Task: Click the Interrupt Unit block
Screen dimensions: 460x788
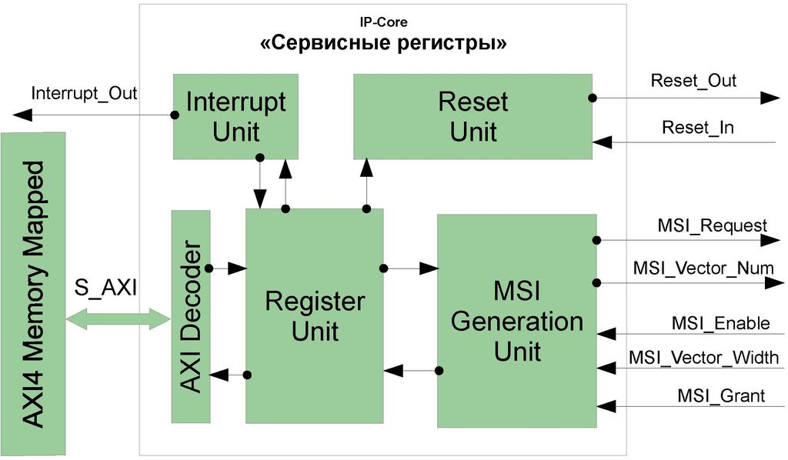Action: point(235,115)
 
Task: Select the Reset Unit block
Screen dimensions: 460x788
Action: point(472,116)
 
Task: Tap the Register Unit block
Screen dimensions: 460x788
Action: point(314,315)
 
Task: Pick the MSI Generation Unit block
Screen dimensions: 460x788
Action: point(516,321)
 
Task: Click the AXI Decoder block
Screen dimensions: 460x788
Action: point(191,315)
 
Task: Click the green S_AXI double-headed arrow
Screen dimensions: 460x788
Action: point(118,318)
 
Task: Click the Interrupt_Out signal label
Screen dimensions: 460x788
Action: point(84,94)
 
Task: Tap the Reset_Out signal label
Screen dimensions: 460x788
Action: point(693,81)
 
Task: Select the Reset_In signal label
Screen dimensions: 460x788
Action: point(697,128)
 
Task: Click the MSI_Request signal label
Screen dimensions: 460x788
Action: point(712,225)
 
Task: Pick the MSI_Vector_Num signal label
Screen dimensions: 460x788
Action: point(703,268)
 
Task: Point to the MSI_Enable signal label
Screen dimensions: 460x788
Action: point(719,323)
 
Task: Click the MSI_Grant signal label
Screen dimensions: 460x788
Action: point(721,396)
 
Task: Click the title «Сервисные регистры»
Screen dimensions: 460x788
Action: point(382,44)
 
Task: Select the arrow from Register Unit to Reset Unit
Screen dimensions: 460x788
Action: point(366,185)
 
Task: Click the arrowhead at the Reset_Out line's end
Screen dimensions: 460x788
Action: point(770,98)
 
